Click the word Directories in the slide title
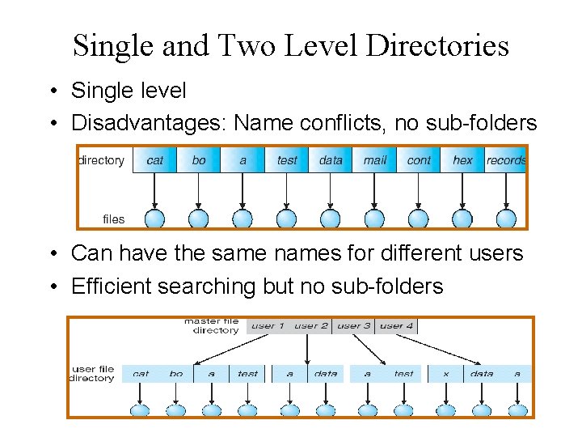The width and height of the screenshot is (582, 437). coord(437,45)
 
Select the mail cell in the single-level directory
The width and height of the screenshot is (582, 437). coord(374,160)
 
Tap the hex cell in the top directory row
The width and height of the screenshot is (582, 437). coord(462,160)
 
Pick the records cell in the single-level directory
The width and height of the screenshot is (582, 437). coord(506,160)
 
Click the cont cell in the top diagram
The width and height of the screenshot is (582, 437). coord(419,160)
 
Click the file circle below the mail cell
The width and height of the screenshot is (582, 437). coord(374,218)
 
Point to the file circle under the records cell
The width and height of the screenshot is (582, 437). coord(506,218)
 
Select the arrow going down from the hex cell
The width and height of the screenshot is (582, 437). coord(462,190)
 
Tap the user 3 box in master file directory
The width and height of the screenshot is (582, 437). coord(354,326)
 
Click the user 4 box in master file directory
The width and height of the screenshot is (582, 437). coord(396,326)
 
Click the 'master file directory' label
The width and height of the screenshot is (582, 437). coord(212,325)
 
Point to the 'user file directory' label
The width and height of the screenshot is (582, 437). coord(93,374)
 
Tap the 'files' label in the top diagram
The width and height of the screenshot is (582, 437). coord(114,218)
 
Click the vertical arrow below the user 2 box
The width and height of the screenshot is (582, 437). coord(307,350)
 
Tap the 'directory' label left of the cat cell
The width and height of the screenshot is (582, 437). coord(102,160)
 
